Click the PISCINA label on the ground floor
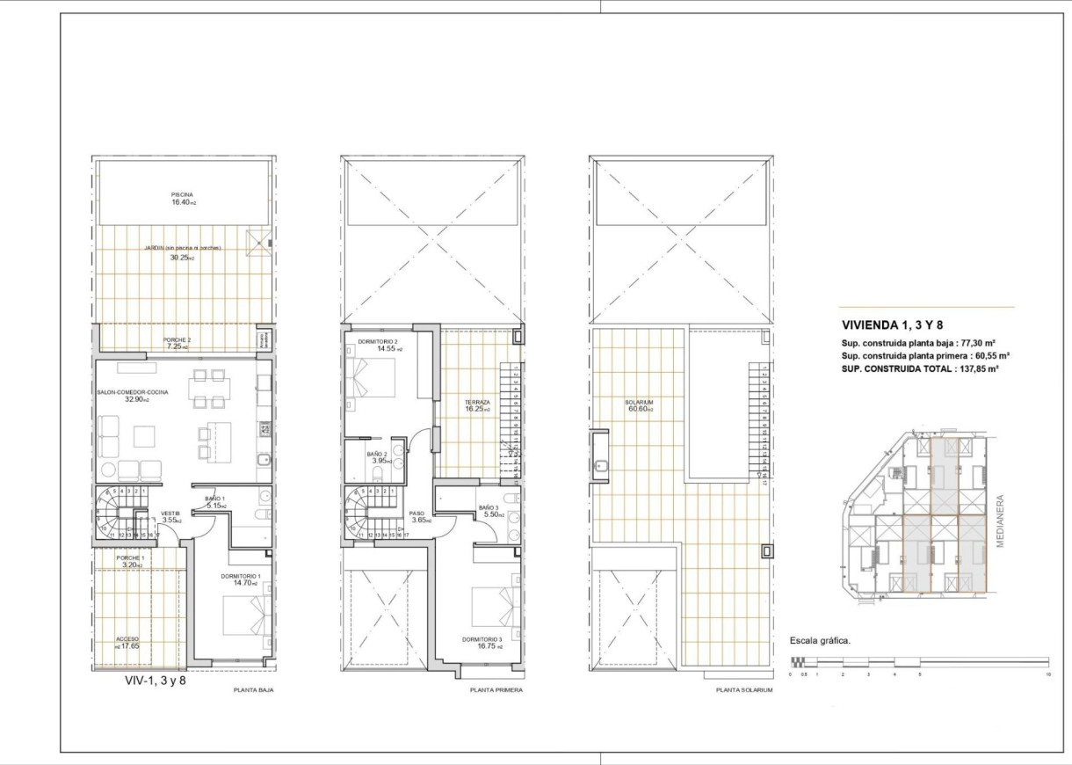(182, 194)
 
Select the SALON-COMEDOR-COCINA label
(133, 392)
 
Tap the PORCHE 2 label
(177, 339)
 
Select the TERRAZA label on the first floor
(477, 402)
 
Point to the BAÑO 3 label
(489, 508)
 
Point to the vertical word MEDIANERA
(1000, 520)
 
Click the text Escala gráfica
(820, 640)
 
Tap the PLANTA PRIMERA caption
(496, 690)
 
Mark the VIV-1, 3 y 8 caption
(156, 679)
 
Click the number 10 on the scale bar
(1048, 674)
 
